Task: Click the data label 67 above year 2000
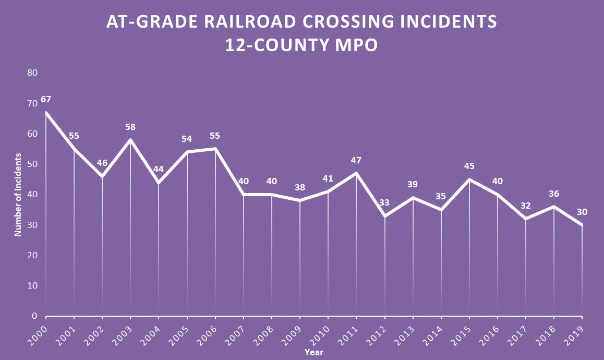pyautogui.click(x=46, y=99)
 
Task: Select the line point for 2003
pyautogui.click(x=130, y=140)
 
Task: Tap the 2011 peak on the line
pyautogui.click(x=356, y=173)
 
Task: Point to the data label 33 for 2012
pyautogui.click(x=384, y=202)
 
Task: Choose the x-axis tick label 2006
pyautogui.click(x=207, y=333)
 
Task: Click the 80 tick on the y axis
pyautogui.click(x=32, y=73)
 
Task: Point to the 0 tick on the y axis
pyautogui.click(x=34, y=316)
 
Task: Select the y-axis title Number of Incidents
pyautogui.click(x=18, y=195)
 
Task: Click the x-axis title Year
pyautogui.click(x=314, y=353)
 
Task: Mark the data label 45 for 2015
pyautogui.click(x=469, y=166)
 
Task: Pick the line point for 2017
pyautogui.click(x=526, y=219)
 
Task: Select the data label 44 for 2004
pyautogui.click(x=159, y=170)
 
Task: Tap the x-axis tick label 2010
pyautogui.click(x=320, y=333)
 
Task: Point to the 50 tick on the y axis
pyautogui.click(x=32, y=164)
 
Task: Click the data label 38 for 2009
pyautogui.click(x=300, y=188)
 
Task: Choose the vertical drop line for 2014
pyautogui.click(x=441, y=261)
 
